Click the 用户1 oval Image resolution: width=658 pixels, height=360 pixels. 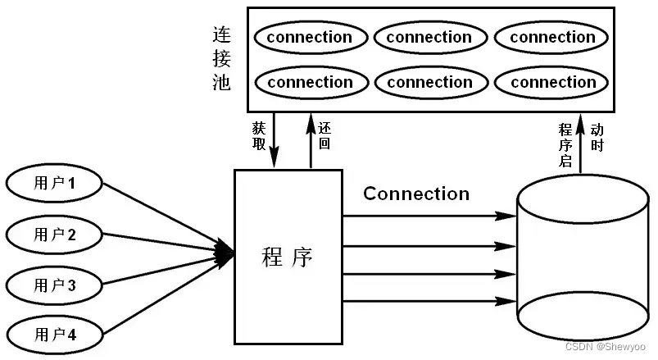coord(55,184)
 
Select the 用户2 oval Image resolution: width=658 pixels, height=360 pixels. coord(55,235)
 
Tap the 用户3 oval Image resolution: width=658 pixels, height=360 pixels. coord(55,285)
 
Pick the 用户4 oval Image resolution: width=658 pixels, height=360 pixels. coord(55,335)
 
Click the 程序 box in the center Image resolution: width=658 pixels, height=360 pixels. coord(288,257)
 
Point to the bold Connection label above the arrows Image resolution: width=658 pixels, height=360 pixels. coord(416,194)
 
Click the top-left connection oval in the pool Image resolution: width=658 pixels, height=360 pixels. coord(309,38)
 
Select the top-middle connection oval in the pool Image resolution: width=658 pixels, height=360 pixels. coord(429,38)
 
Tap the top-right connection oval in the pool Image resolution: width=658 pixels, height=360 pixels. coord(552,38)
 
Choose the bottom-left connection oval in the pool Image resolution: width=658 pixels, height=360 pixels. coord(309,82)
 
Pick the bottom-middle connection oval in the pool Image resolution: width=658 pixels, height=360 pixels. coord(429,82)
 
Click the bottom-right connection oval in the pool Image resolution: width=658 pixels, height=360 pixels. coord(552,82)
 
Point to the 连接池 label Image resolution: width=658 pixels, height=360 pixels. coord(221,59)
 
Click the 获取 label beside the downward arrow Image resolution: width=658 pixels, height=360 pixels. coord(259,136)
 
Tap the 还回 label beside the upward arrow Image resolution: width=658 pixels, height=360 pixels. coord(324,136)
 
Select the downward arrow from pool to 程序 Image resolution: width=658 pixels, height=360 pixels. coord(274,141)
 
